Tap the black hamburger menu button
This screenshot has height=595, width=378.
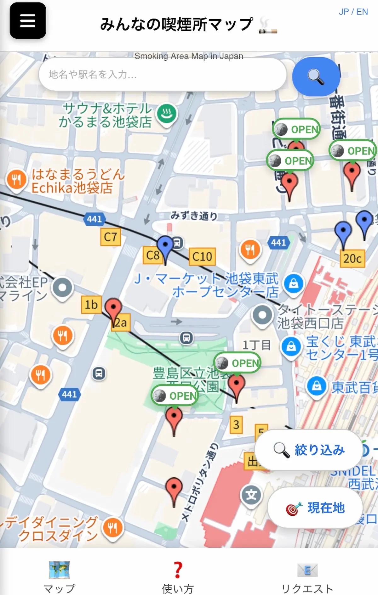click(x=28, y=21)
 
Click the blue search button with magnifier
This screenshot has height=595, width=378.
click(x=316, y=76)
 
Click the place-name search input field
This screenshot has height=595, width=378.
click(x=162, y=75)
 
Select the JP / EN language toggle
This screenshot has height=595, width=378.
click(x=353, y=12)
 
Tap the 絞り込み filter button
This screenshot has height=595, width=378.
click(x=309, y=450)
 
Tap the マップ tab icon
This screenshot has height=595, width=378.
click(x=59, y=570)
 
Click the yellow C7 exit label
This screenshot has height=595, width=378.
click(x=111, y=237)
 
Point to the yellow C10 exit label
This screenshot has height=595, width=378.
click(x=202, y=257)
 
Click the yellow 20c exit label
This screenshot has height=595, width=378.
click(x=352, y=259)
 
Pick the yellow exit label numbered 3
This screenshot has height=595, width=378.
click(x=236, y=424)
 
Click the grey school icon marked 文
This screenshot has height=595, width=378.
click(x=251, y=495)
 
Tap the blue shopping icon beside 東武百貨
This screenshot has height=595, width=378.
click(x=317, y=386)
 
